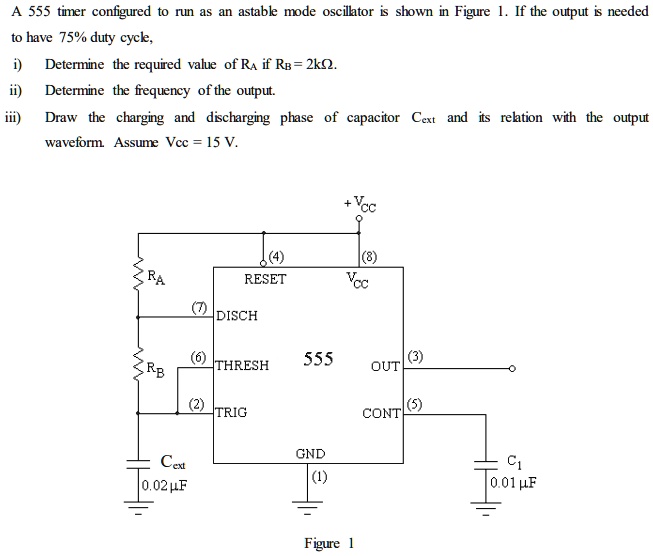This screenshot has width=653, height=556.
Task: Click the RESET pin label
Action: pyautogui.click(x=265, y=280)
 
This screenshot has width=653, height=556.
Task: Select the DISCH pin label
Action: pyautogui.click(x=237, y=316)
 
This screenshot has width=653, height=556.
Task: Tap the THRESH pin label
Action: pyautogui.click(x=242, y=366)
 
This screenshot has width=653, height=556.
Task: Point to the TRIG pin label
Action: pyautogui.click(x=231, y=412)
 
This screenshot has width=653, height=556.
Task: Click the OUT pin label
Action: pyautogui.click(x=385, y=366)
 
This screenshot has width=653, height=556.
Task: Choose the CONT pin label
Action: pyautogui.click(x=382, y=413)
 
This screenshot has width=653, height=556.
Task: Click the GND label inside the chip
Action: pyautogui.click(x=310, y=455)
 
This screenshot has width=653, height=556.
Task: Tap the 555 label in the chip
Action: pyautogui.click(x=318, y=359)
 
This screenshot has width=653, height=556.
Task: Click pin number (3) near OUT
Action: pyautogui.click(x=415, y=357)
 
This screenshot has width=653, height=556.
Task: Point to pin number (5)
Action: pyautogui.click(x=415, y=404)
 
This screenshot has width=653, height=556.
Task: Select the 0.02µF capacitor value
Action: pyautogui.click(x=165, y=486)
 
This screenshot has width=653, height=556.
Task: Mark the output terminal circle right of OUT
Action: pyautogui.click(x=511, y=368)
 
